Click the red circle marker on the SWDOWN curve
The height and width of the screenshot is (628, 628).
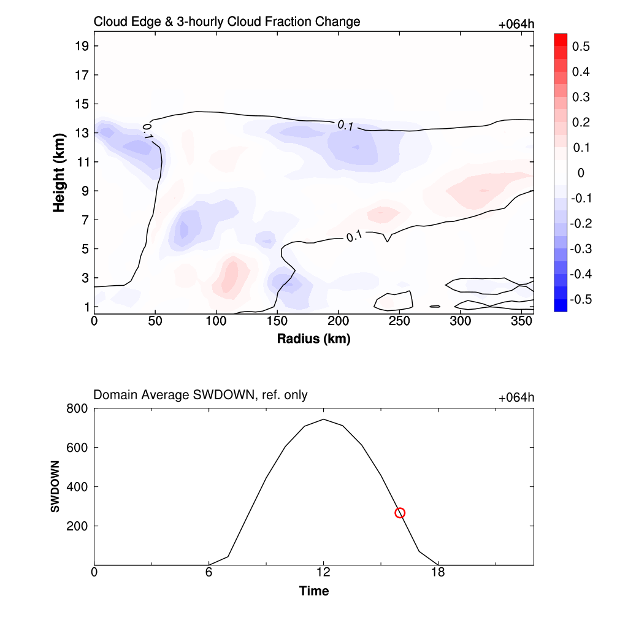(400, 513)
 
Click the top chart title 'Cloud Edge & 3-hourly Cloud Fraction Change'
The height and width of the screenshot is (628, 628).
(227, 22)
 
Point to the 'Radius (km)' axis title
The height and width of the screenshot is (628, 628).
(313, 339)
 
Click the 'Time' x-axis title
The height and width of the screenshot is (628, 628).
(313, 591)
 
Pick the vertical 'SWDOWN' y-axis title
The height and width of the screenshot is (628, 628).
(55, 486)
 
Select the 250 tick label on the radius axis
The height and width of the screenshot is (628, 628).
(399, 321)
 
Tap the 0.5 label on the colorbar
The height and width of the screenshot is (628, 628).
(581, 47)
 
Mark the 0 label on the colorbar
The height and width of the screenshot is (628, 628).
(581, 173)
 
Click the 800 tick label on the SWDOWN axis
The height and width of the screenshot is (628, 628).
(78, 408)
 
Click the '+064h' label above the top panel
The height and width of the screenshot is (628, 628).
(516, 25)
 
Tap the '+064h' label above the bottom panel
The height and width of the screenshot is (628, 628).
(516, 398)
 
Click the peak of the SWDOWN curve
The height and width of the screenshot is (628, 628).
(323, 419)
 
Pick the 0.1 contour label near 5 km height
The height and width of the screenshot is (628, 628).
(354, 237)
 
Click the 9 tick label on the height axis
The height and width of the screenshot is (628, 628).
(86, 191)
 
